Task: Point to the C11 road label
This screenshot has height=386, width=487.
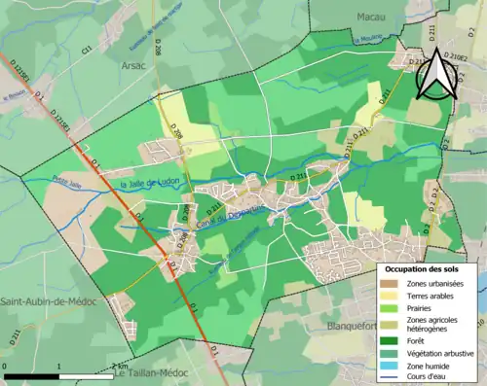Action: point(87,48)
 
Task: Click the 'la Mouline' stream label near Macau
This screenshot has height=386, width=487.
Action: point(368,39)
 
